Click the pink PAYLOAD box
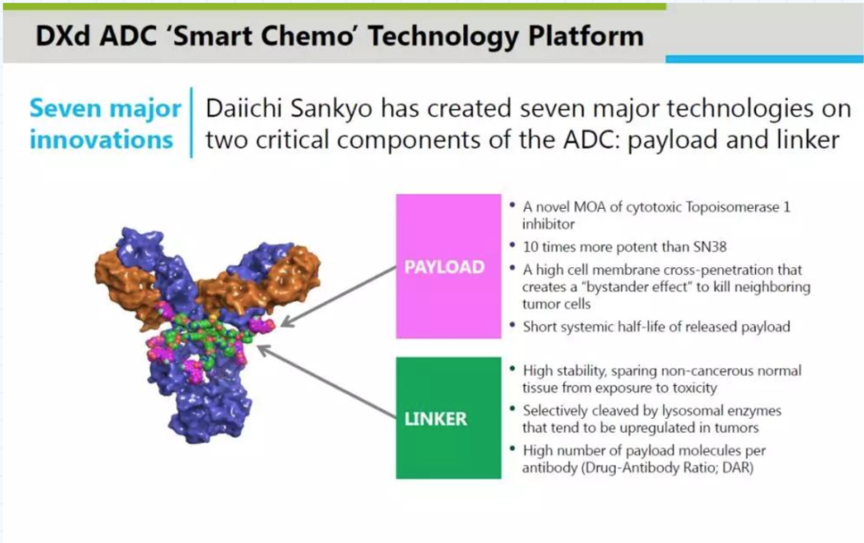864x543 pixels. (449, 266)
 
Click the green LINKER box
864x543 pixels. (449, 418)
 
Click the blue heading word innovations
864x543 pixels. (102, 139)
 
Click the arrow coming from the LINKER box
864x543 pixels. (326, 381)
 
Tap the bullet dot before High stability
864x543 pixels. (513, 369)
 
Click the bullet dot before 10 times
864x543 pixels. (513, 245)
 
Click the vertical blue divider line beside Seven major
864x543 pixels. (192, 122)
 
